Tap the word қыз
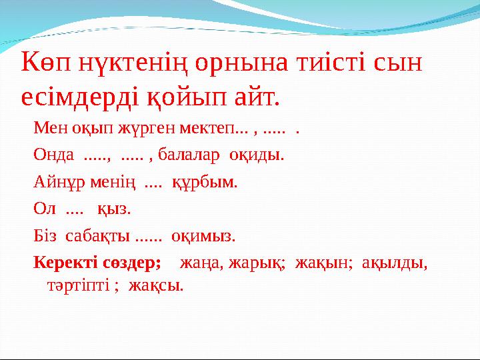[x=114, y=209]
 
